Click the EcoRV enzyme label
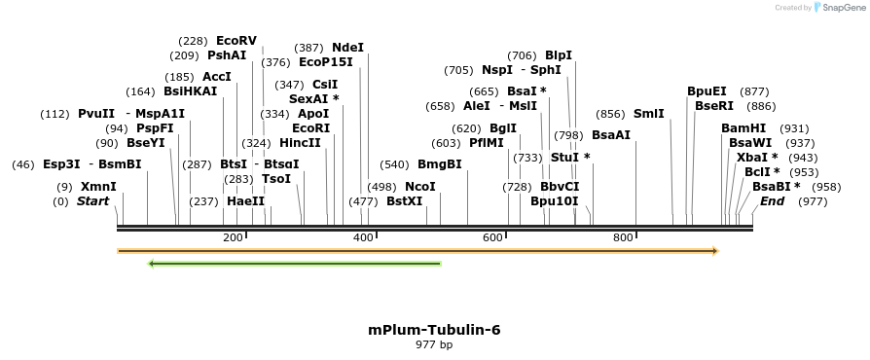[x=236, y=41]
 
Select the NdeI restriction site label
[x=347, y=47]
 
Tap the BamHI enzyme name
[x=743, y=128]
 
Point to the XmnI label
[x=98, y=187]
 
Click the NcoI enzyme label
[x=420, y=187]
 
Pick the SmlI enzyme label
[x=649, y=114]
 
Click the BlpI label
[x=559, y=55]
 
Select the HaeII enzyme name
[x=245, y=201]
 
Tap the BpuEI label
[x=707, y=91]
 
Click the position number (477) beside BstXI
[x=363, y=201]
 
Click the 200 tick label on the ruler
[x=233, y=238]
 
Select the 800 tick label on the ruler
[x=623, y=238]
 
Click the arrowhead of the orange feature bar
[x=715, y=251]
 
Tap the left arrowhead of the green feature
[x=152, y=263]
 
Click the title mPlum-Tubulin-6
[x=434, y=330]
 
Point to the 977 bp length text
[x=434, y=344]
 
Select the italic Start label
[x=93, y=201]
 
